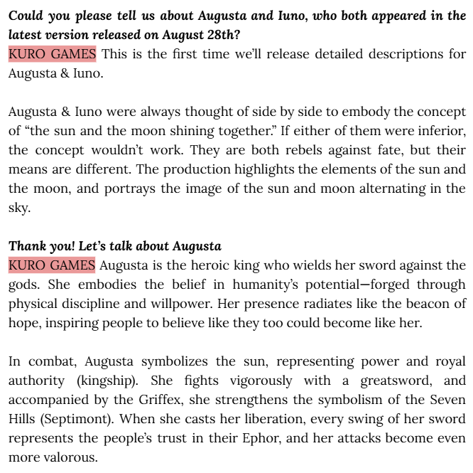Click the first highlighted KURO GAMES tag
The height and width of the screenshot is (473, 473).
click(52, 54)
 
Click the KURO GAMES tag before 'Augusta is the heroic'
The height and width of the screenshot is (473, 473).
click(52, 265)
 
